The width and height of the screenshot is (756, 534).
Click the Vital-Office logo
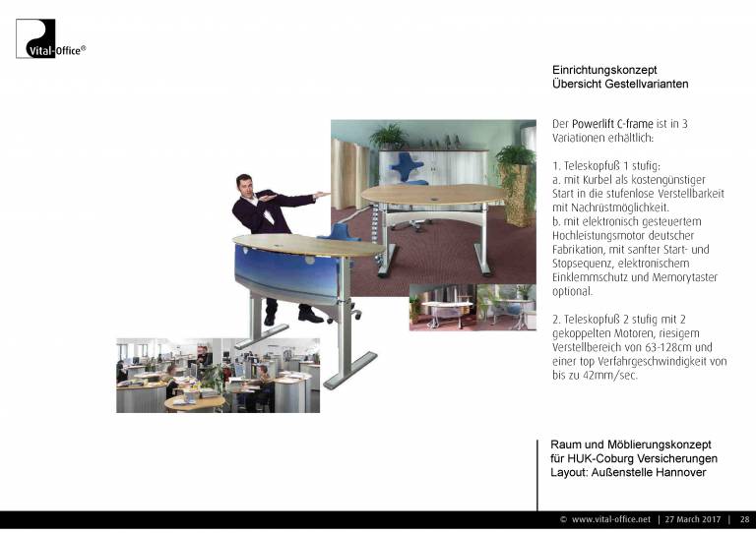50,38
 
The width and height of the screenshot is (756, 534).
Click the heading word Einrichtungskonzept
604,70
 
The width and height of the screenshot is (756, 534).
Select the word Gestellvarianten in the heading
647,84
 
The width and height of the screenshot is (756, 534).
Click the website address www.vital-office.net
611,519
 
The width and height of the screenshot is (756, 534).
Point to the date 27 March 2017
693,519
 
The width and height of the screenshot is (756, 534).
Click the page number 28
745,519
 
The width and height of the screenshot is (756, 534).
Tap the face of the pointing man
245,186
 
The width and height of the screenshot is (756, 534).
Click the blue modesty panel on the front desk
287,273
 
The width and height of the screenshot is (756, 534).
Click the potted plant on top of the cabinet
388,137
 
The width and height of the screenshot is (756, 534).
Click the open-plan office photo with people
218,376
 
